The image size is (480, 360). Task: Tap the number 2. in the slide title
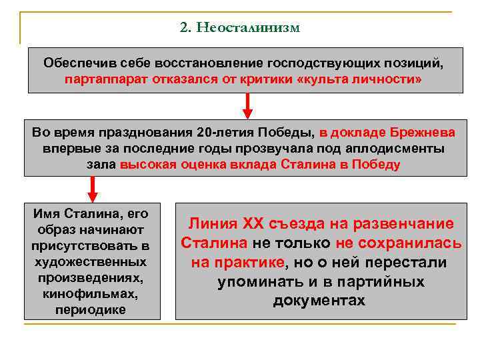[186, 27]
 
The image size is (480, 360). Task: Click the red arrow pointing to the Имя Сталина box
[93, 188]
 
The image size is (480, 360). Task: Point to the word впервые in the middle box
[69, 148]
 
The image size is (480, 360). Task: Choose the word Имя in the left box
[47, 214]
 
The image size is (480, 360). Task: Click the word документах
[319, 301]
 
